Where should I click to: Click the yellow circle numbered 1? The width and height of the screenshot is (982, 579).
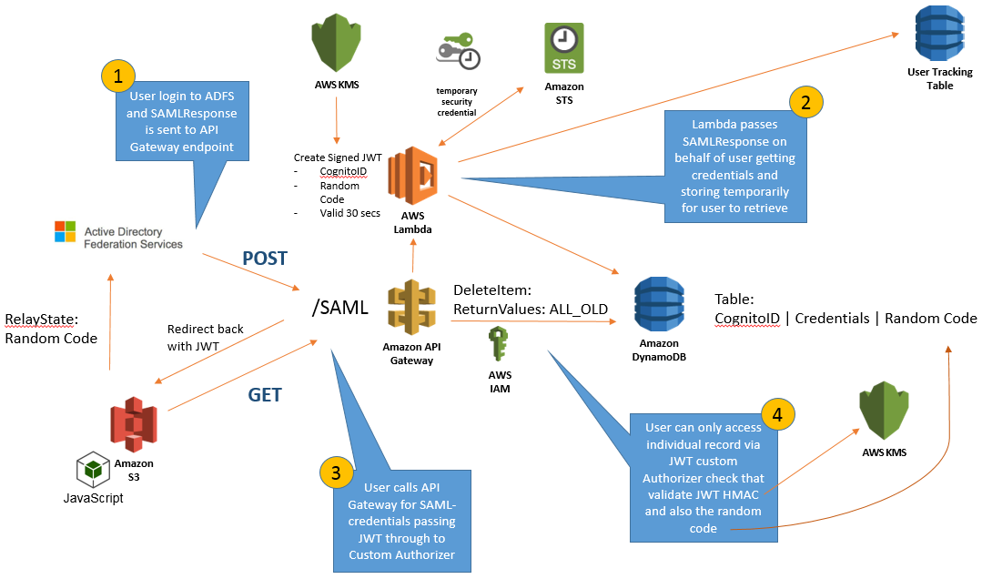pos(119,76)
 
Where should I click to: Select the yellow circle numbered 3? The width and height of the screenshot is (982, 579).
pos(336,472)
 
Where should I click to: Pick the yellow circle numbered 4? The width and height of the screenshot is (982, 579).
pos(776,413)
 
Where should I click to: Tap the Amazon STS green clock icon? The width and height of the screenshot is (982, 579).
pos(564,48)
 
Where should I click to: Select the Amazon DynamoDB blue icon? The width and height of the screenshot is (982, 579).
pos(660,300)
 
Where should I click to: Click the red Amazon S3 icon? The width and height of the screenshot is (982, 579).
pos(134,423)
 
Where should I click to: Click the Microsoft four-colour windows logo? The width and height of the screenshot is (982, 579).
pos(66,231)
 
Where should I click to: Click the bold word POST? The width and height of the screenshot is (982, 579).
pos(264,259)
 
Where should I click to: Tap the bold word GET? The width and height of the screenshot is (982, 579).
pos(265,395)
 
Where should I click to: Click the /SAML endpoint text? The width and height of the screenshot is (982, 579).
pos(339,308)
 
